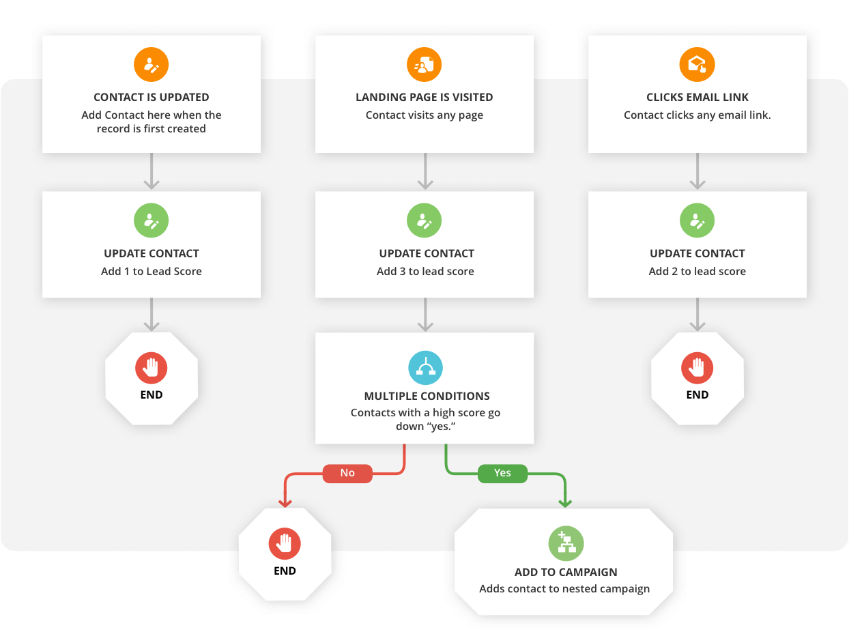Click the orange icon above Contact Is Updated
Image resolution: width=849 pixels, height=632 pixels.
(151, 66)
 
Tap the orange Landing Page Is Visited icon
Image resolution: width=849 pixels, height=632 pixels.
(424, 66)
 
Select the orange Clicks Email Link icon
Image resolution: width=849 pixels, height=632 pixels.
(697, 66)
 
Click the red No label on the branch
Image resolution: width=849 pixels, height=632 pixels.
(347, 473)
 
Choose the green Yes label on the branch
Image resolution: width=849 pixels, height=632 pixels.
(502, 473)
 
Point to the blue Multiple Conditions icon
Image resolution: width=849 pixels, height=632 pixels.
(425, 368)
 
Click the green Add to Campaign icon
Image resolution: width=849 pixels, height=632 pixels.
(566, 544)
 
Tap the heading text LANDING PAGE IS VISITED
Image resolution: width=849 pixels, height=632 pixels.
(424, 98)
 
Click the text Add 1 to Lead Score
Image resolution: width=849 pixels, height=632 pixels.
(152, 271)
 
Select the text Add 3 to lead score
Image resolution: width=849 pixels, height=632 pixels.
(425, 271)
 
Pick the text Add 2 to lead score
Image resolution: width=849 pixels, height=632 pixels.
(697, 271)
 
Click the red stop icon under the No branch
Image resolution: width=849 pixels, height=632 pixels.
(285, 544)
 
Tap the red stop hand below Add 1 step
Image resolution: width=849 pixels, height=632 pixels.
(152, 368)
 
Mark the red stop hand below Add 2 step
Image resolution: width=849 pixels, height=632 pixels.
(697, 368)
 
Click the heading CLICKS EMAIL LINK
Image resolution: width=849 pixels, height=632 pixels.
(697, 98)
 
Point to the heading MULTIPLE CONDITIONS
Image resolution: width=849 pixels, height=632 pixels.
(427, 396)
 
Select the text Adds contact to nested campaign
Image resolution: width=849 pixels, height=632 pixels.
(564, 588)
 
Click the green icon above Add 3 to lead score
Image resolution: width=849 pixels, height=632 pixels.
(424, 221)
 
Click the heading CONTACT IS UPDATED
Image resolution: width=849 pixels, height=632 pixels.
(152, 98)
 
